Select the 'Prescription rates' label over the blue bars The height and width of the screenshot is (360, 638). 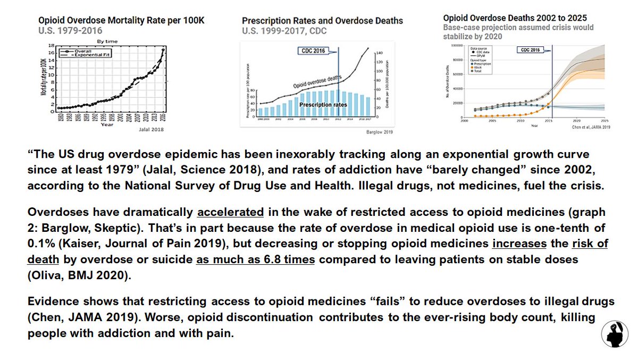323,105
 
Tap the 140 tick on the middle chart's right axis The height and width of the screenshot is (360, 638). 381,53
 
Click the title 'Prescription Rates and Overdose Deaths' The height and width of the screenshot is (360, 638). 322,21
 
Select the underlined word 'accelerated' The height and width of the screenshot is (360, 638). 230,211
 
